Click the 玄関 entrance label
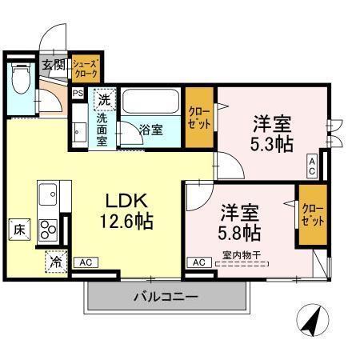pos(53,65)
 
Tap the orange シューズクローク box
pos(86,66)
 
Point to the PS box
pos(78,94)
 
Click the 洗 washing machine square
pos(103,100)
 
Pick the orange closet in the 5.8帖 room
pos(312,214)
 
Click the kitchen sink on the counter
pos(46,194)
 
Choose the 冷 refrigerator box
pos(56,261)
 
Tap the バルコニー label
pos(165,296)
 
